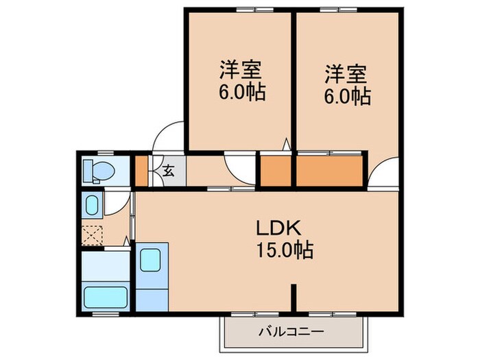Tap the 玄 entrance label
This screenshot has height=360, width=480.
click(169, 171)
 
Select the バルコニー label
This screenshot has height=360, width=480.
click(291, 332)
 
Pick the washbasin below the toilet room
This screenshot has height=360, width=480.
click(91, 204)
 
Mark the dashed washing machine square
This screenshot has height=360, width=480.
click(92, 235)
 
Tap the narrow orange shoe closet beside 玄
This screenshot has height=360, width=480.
click(141, 171)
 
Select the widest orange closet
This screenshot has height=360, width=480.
click(329, 171)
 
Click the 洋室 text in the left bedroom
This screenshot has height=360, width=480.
click(239, 70)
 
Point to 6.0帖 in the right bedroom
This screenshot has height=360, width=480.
click(347, 97)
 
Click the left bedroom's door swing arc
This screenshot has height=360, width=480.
click(240, 168)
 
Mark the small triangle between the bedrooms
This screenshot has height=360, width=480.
click(287, 145)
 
